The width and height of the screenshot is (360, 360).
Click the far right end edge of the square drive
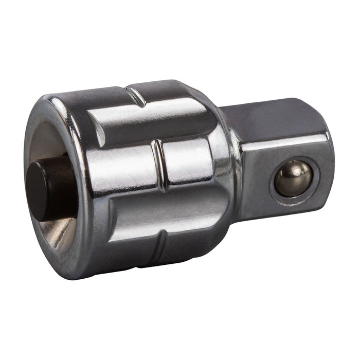point(330,165)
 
